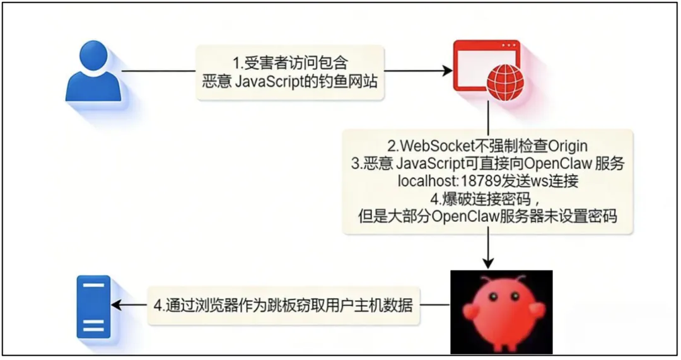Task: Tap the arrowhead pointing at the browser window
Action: (x=446, y=71)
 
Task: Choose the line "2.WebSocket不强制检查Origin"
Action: (x=489, y=146)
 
